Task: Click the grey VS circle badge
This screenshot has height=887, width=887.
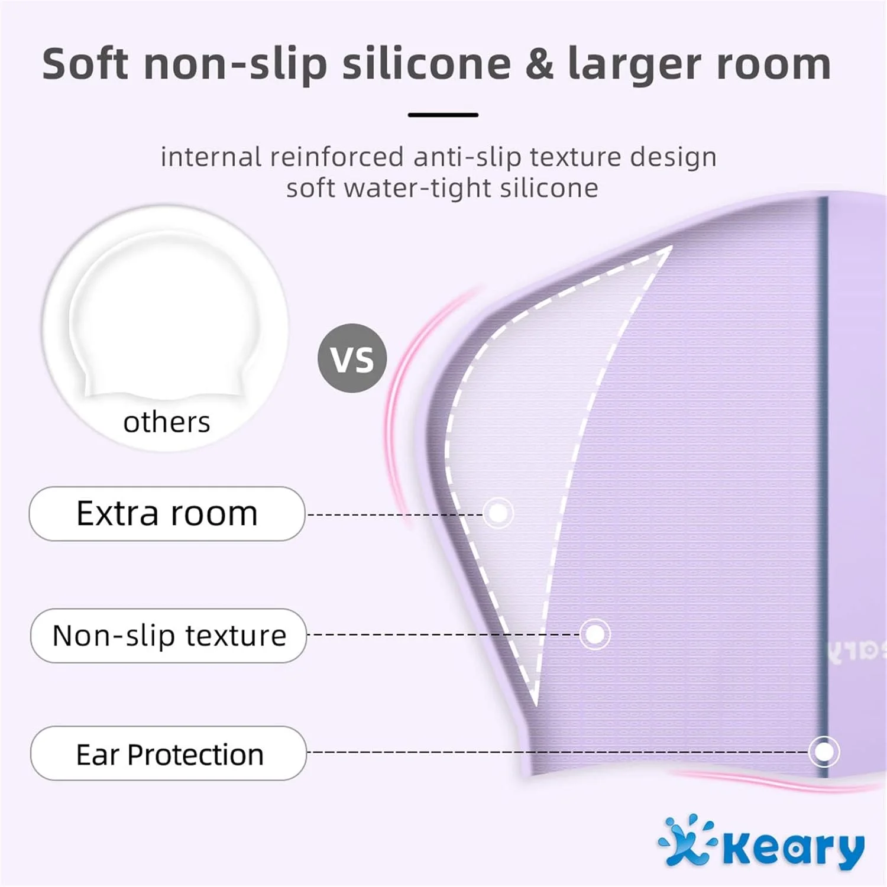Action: click(352, 358)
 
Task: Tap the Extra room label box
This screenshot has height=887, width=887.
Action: click(167, 514)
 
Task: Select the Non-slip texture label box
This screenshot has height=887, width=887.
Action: click(169, 636)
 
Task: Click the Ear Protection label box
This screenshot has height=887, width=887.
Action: click(169, 753)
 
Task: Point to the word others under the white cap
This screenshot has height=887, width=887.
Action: click(167, 422)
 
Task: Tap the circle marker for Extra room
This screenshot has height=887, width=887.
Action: click(498, 513)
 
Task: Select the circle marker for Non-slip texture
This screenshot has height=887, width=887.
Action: click(595, 634)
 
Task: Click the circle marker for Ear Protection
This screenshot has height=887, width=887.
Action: click(824, 752)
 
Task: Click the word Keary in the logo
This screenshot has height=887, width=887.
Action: click(794, 849)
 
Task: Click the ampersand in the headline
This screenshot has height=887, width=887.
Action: click(539, 64)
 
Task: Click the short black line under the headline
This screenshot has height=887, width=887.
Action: click(443, 115)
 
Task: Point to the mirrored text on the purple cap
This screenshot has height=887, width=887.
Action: click(856, 650)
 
